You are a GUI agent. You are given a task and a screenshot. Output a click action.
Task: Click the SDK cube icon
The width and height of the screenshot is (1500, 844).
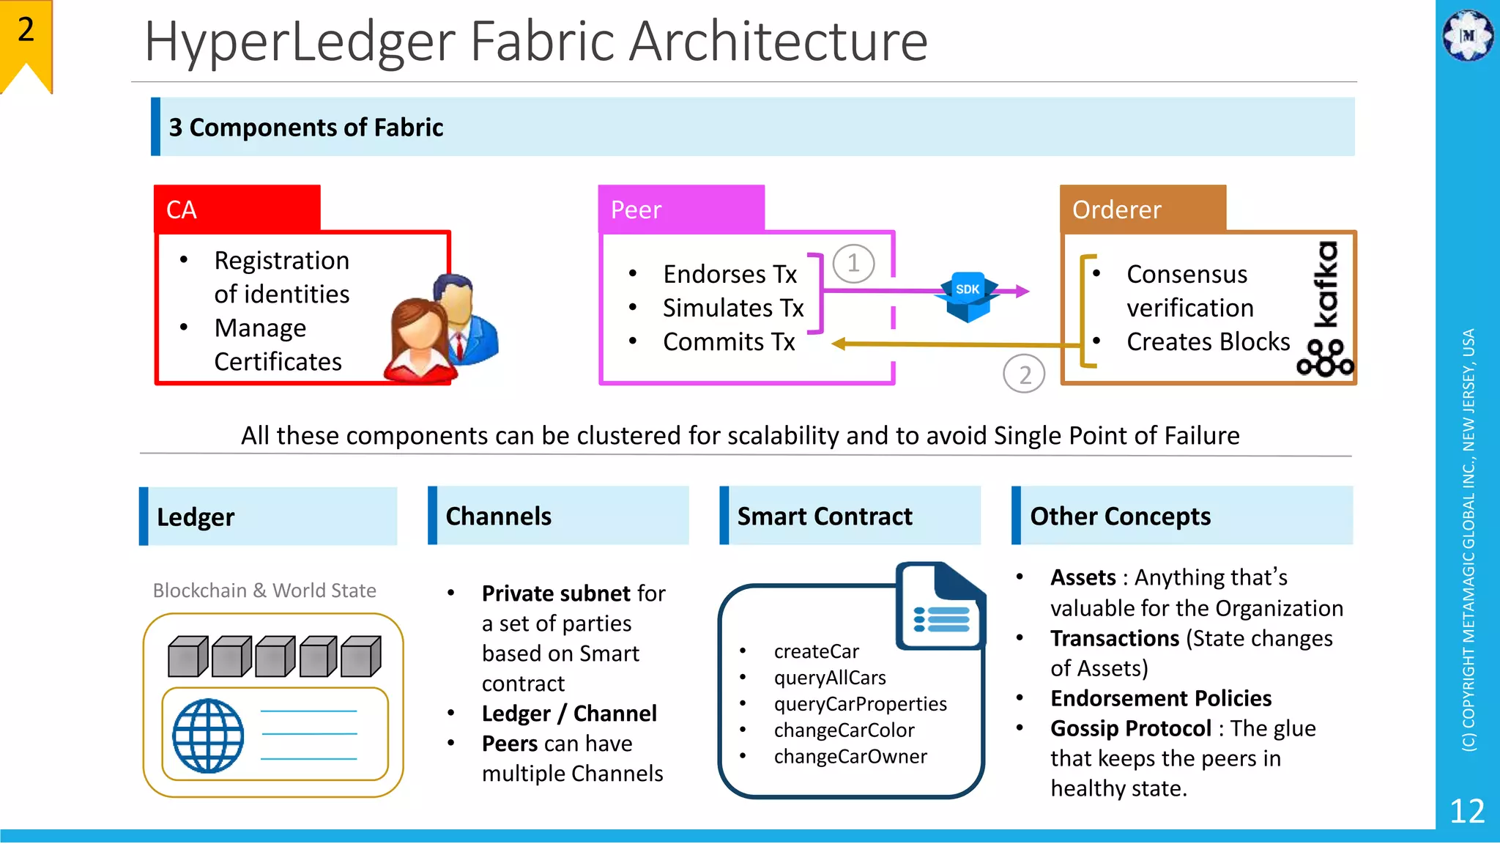click(x=968, y=297)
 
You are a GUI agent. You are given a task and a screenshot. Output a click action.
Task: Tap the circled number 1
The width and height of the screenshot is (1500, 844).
click(x=853, y=263)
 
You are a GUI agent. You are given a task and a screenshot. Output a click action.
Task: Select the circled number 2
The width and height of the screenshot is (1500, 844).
click(x=1024, y=374)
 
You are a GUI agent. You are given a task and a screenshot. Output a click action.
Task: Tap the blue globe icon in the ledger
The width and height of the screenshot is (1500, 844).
click(x=208, y=736)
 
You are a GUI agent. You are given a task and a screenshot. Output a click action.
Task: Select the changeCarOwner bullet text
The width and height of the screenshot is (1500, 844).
click(x=850, y=756)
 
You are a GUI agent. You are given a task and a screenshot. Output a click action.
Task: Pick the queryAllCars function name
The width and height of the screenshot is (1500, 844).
click(x=830, y=678)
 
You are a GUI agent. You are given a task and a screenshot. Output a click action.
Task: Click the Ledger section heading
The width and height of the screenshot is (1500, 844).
click(x=196, y=517)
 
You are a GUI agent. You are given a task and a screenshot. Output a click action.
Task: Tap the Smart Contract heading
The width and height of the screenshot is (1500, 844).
click(x=825, y=517)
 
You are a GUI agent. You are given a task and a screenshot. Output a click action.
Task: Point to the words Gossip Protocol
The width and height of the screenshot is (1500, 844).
click(x=1131, y=728)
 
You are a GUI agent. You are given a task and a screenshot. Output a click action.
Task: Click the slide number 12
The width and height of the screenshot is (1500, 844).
click(x=1467, y=811)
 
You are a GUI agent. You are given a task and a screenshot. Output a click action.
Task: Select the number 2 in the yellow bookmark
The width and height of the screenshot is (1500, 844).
click(x=26, y=30)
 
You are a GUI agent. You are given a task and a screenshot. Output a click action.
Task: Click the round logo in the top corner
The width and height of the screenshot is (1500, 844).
click(x=1468, y=35)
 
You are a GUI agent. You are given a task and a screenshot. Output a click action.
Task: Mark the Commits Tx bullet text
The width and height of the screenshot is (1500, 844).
click(x=729, y=341)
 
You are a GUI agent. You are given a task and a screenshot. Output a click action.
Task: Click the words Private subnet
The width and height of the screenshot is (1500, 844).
click(x=556, y=593)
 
